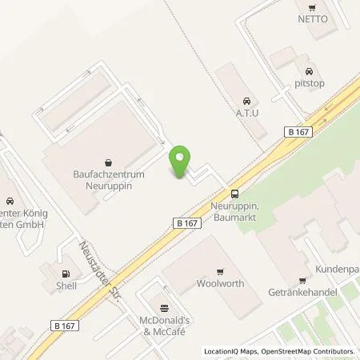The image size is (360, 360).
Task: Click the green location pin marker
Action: pyautogui.click(x=181, y=162)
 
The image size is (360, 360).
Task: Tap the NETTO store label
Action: pyautogui.click(x=313, y=18)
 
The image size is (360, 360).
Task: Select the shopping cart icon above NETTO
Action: pyautogui.click(x=313, y=5)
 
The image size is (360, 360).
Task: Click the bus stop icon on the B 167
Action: pyautogui.click(x=234, y=193)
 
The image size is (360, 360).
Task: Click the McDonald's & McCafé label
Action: pyautogui.click(x=166, y=326)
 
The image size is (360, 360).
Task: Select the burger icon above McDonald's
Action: pyautogui.click(x=166, y=307)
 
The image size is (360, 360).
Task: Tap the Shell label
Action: pyautogui.click(x=66, y=285)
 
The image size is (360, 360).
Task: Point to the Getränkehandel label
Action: pyautogui.click(x=302, y=293)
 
